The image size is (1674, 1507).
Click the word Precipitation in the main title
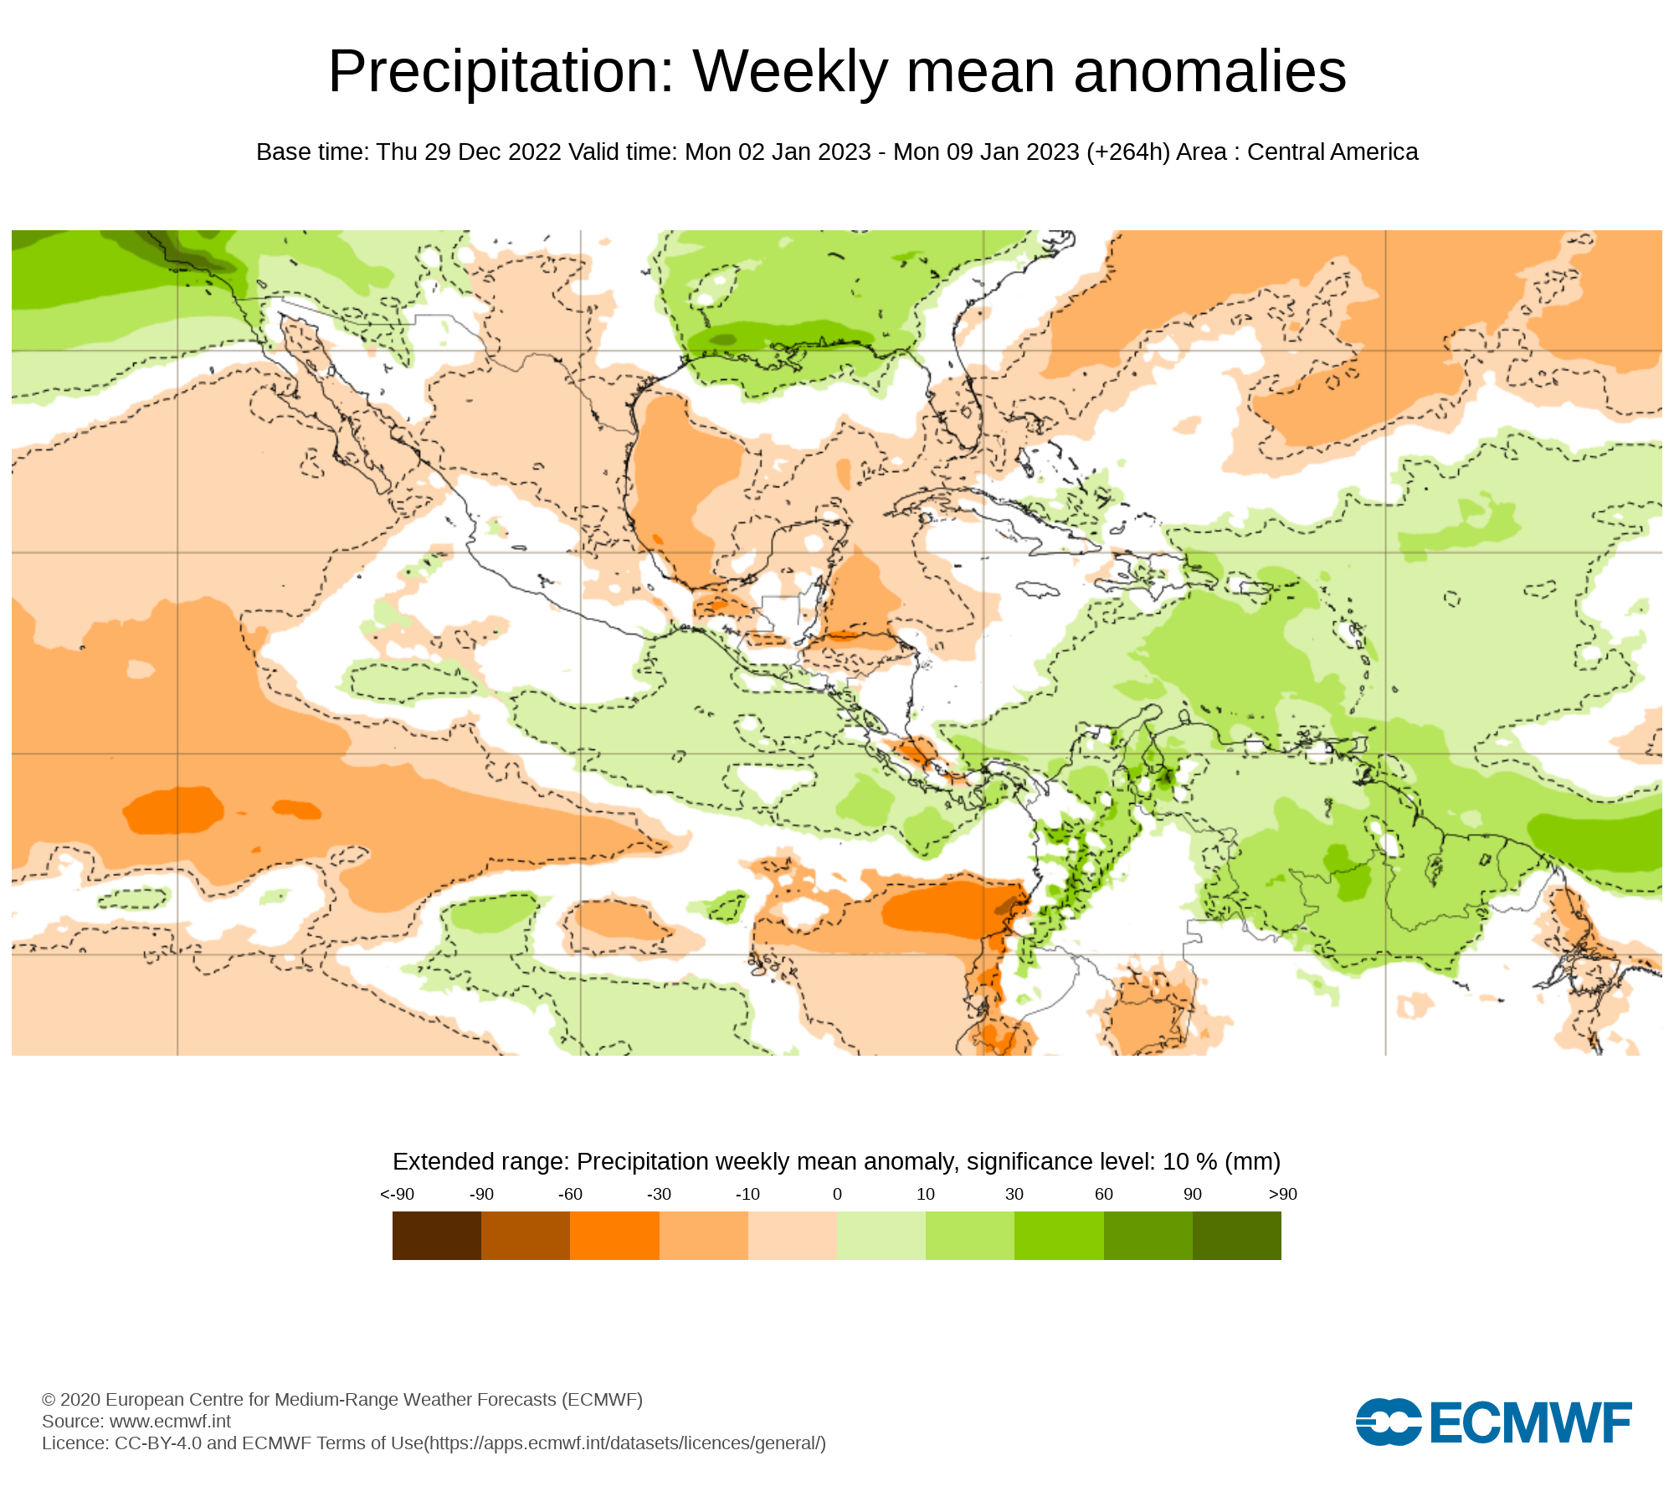click(x=501, y=72)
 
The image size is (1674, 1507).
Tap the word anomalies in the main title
click(x=1209, y=72)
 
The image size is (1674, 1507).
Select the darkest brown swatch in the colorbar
click(x=436, y=1236)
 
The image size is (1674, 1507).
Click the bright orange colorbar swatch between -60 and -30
click(x=614, y=1236)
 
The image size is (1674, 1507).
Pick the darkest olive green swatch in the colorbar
click(x=1236, y=1236)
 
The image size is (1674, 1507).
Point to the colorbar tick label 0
click(x=837, y=1195)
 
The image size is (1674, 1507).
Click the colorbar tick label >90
click(x=1282, y=1195)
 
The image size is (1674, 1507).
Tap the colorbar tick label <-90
click(x=397, y=1195)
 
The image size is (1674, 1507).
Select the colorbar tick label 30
click(x=1014, y=1195)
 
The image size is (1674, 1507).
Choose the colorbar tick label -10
click(x=747, y=1195)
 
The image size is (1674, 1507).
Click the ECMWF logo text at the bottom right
click(x=1530, y=1422)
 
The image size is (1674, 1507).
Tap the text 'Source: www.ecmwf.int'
click(x=136, y=1422)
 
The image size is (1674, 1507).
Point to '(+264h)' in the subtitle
click(x=1127, y=152)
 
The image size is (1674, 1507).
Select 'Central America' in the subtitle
click(x=1333, y=152)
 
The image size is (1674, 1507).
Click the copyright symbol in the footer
click(x=49, y=1400)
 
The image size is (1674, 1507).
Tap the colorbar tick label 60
click(x=1104, y=1195)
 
